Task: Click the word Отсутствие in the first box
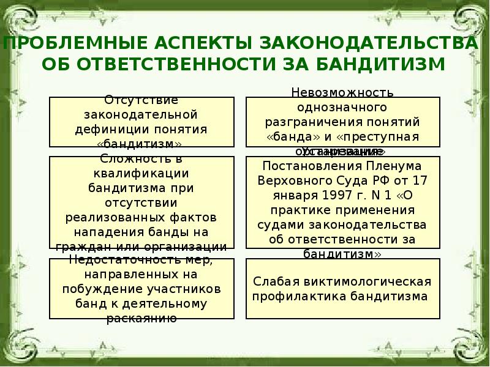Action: tap(141, 99)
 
